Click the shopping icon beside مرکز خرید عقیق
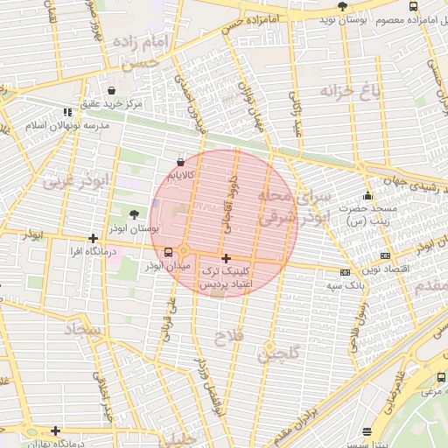(x=111, y=90)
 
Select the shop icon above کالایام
(x=180, y=162)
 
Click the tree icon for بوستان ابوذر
(x=133, y=213)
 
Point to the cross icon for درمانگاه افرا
(x=93, y=238)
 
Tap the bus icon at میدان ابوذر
(x=168, y=252)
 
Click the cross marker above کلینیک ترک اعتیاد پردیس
(x=227, y=258)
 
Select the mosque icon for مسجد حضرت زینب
(x=367, y=196)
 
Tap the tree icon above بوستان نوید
(x=341, y=6)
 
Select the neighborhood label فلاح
(x=230, y=335)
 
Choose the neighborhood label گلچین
(x=278, y=354)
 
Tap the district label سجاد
(x=84, y=331)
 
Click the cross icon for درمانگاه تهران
(x=55, y=430)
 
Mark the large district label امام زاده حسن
(x=134, y=52)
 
